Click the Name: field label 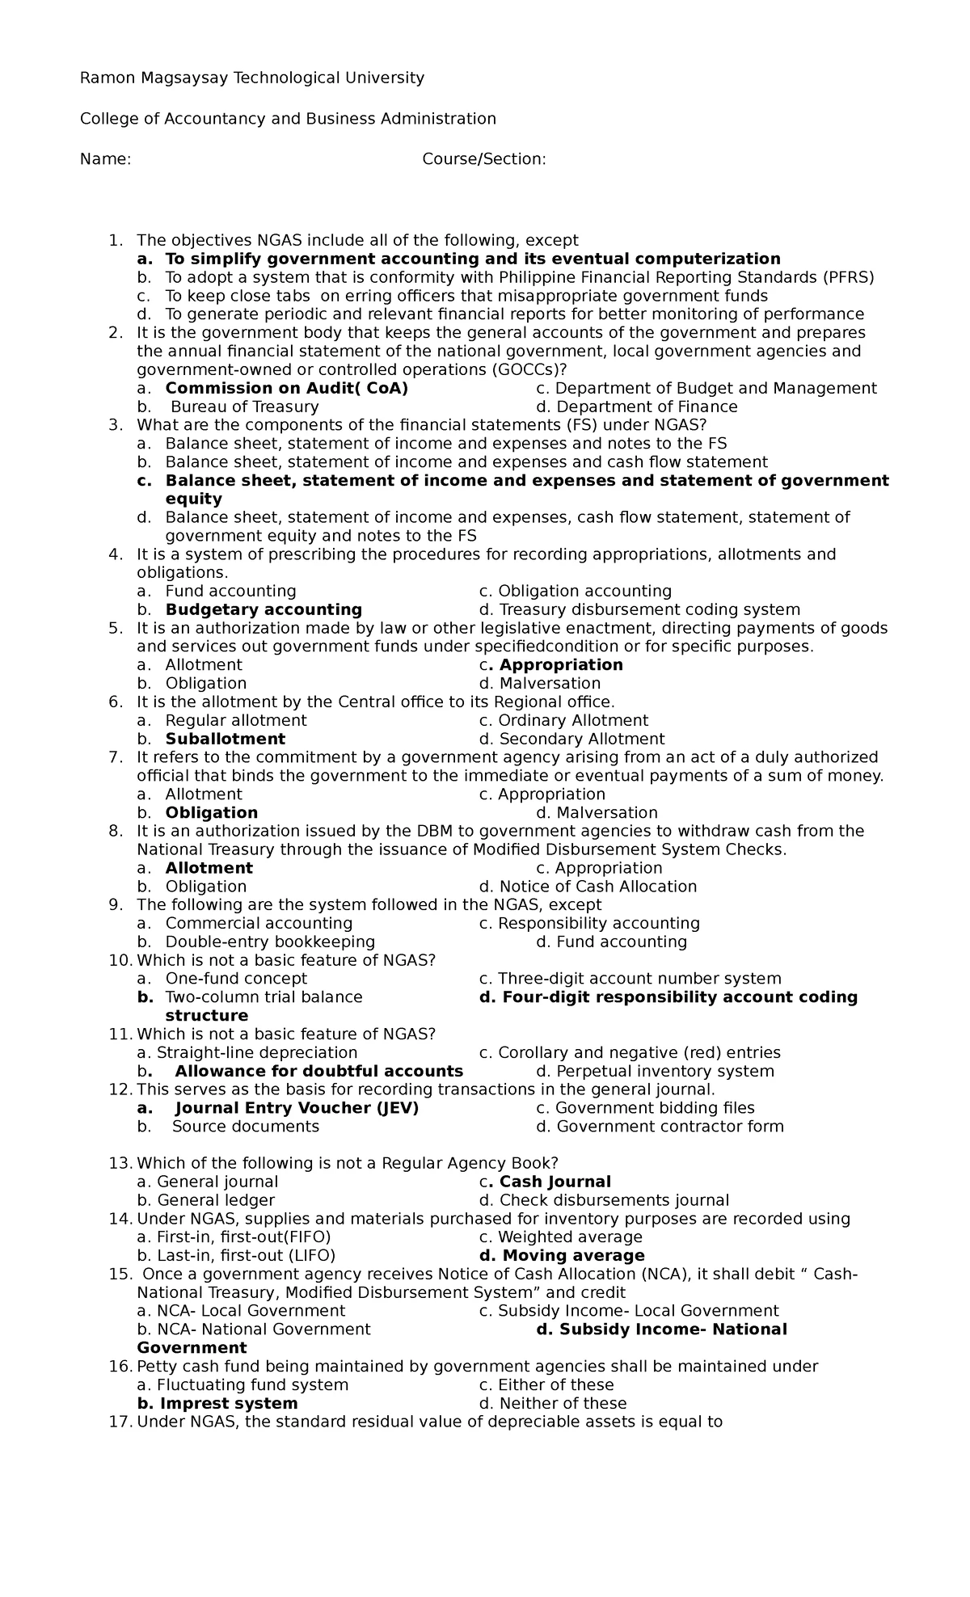tap(105, 159)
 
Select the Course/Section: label tap(483, 159)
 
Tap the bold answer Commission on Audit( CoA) tap(286, 389)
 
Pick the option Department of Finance tap(647, 407)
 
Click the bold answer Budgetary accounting tap(264, 610)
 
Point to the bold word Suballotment tap(225, 740)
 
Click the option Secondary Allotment tap(581, 740)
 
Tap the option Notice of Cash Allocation tap(597, 887)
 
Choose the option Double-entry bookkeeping tap(270, 942)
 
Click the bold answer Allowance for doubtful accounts tap(318, 1072)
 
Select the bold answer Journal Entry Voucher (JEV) tap(297, 1108)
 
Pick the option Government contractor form tap(670, 1127)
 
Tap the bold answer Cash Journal tap(555, 1182)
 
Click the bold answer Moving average tap(573, 1256)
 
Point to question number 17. tap(119, 1422)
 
